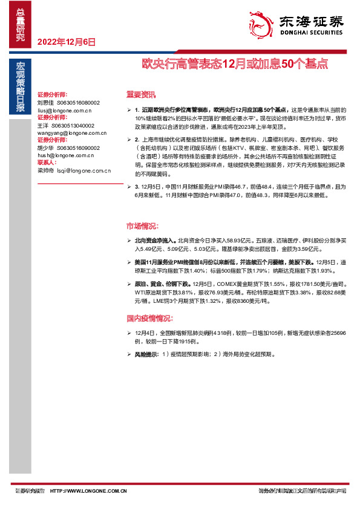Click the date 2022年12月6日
click(67, 42)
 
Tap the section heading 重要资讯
click(141, 94)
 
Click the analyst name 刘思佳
click(46, 103)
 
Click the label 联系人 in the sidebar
click(47, 163)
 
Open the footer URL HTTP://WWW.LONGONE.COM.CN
click(88, 491)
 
